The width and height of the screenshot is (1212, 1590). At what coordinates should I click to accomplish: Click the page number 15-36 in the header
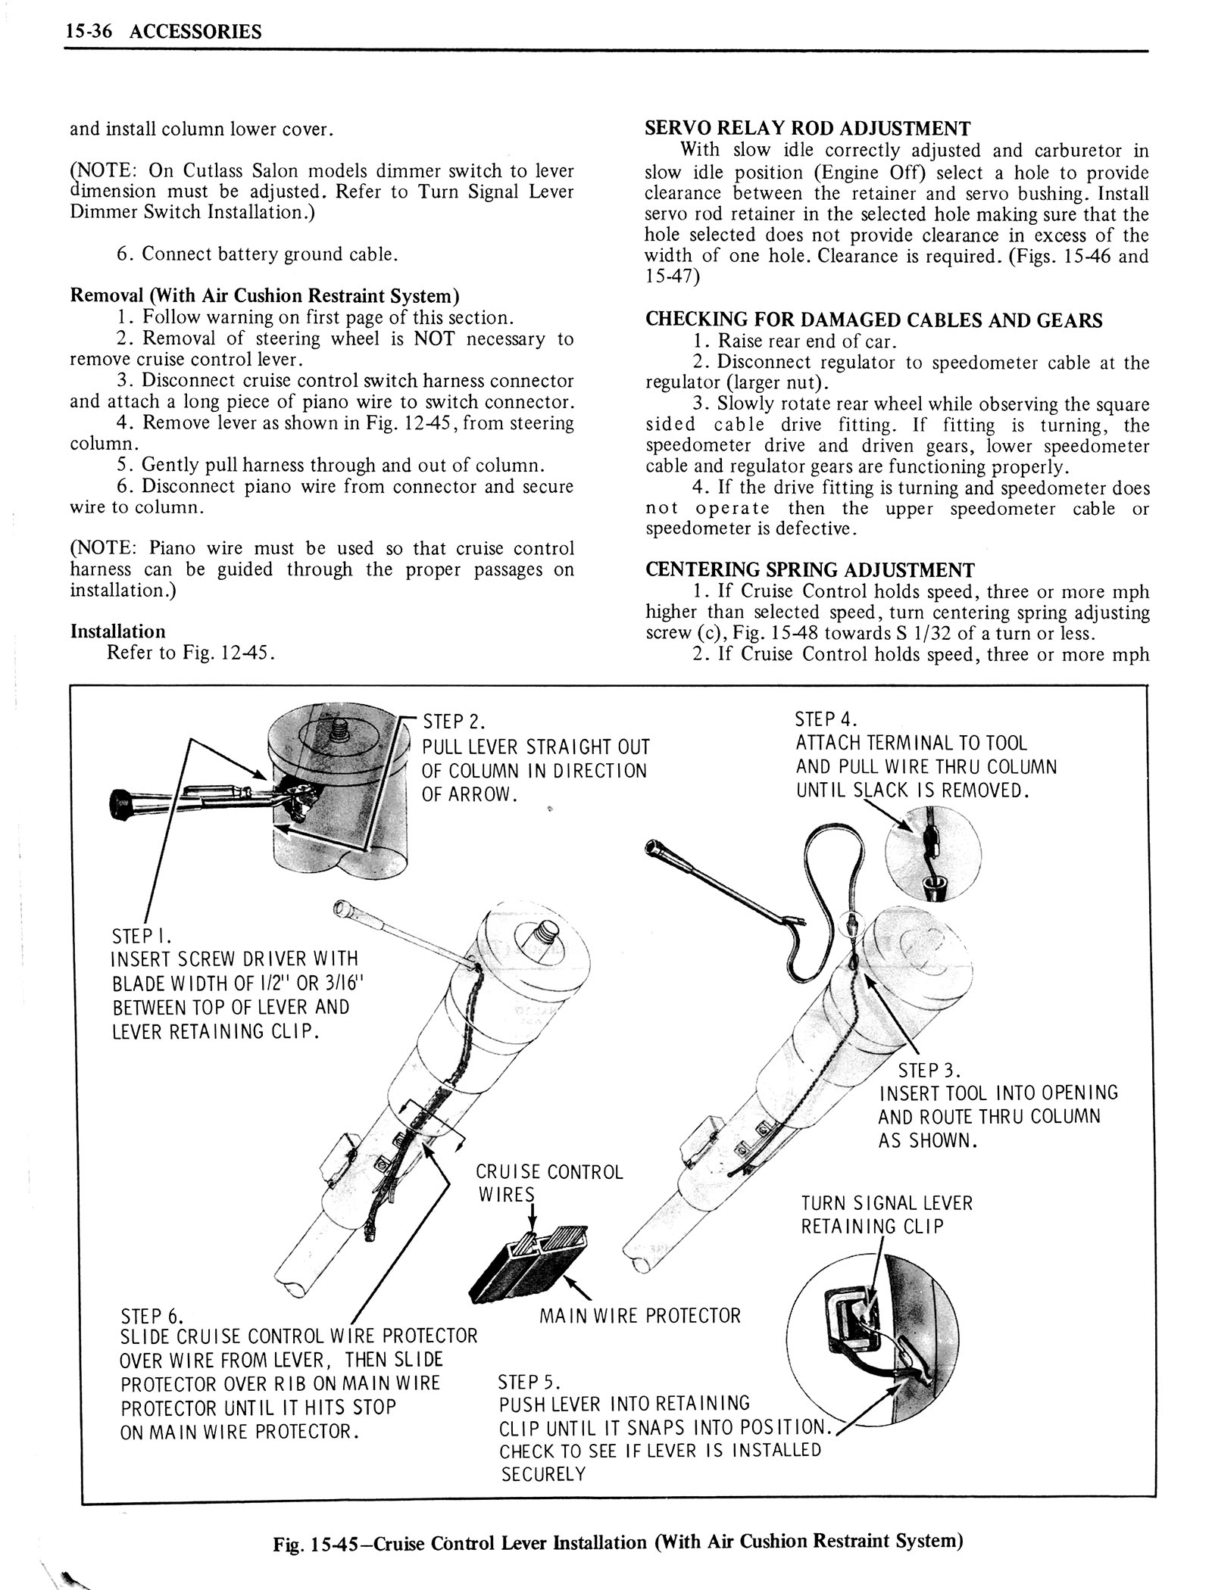pos(86,31)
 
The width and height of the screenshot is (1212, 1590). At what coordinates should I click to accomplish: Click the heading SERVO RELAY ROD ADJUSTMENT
pos(807,128)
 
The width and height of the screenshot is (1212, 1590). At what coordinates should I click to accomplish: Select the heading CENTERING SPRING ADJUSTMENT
pos(809,569)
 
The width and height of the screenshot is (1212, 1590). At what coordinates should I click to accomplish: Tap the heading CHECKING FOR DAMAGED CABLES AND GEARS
pos(873,320)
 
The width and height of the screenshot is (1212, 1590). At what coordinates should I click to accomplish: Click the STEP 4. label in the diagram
pos(826,719)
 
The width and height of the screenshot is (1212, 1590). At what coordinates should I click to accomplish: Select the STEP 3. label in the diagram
pos(929,1071)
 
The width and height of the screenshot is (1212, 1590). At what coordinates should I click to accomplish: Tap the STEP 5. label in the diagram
pos(529,1383)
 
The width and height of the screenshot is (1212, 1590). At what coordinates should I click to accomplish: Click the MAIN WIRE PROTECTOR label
pos(639,1316)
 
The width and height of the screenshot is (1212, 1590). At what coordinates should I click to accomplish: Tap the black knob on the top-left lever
pos(121,800)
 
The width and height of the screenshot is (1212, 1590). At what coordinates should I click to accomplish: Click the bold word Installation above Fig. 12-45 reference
pos(117,631)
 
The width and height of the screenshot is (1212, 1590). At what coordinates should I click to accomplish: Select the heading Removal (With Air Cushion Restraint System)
pos(264,295)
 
